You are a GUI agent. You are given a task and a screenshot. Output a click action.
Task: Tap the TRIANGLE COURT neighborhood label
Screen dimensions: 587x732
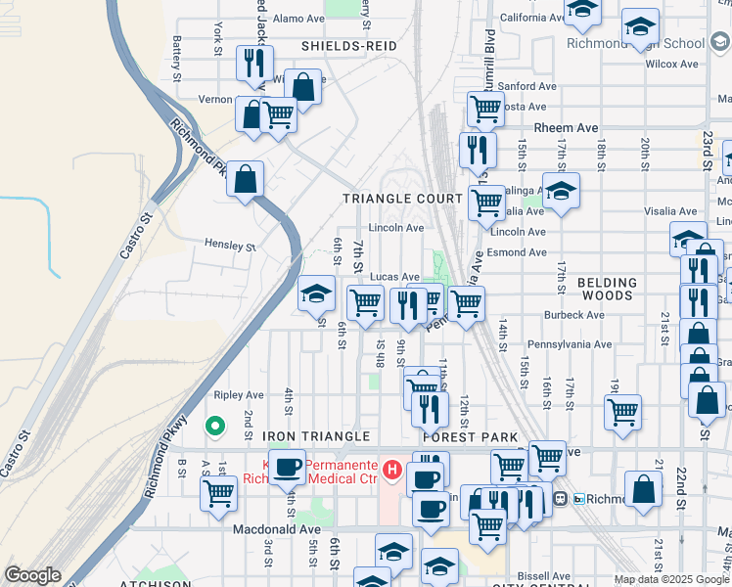click(x=402, y=199)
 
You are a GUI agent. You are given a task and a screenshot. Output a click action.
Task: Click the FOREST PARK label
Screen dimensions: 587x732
click(x=451, y=435)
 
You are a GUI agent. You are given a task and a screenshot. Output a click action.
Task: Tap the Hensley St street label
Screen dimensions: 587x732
click(x=229, y=246)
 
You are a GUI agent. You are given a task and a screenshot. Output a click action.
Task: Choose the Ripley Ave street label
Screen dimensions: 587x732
click(x=239, y=395)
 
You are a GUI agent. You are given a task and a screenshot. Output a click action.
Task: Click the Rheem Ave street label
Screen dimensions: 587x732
click(x=565, y=128)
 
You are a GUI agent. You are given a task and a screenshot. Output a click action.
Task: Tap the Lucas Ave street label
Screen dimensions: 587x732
click(x=395, y=278)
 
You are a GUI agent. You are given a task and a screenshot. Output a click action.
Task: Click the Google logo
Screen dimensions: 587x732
click(x=32, y=575)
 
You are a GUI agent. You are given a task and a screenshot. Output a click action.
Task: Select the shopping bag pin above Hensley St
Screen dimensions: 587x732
click(x=246, y=179)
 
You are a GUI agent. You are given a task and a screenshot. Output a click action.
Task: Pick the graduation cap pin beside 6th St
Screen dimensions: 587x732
click(x=316, y=293)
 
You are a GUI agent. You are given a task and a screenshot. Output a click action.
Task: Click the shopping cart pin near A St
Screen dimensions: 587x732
click(x=218, y=493)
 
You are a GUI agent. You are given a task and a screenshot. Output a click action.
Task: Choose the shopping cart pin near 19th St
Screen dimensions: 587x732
click(x=622, y=411)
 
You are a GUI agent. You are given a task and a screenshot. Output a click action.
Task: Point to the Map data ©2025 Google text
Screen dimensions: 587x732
click(x=671, y=579)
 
